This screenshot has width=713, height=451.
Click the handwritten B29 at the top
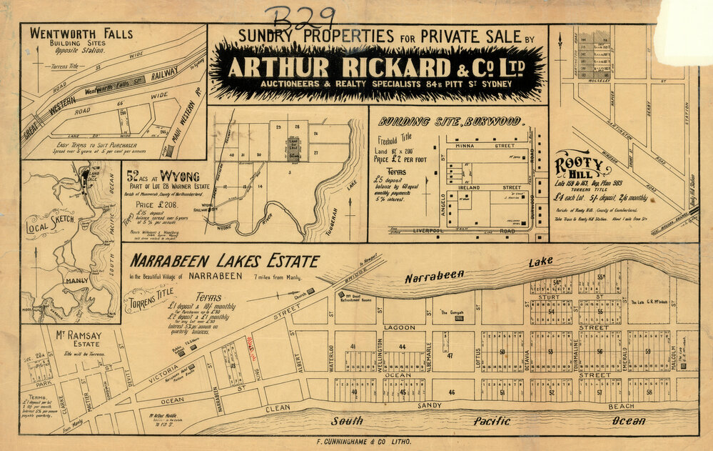[299, 15]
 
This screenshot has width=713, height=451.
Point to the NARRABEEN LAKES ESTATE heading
[224, 261]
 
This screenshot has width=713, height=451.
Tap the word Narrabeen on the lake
[435, 276]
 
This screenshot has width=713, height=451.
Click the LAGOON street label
[398, 327]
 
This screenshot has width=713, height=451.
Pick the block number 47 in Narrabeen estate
[450, 355]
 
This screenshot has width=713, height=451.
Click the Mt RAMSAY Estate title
[70, 336]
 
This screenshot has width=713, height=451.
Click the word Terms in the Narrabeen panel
[208, 297]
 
